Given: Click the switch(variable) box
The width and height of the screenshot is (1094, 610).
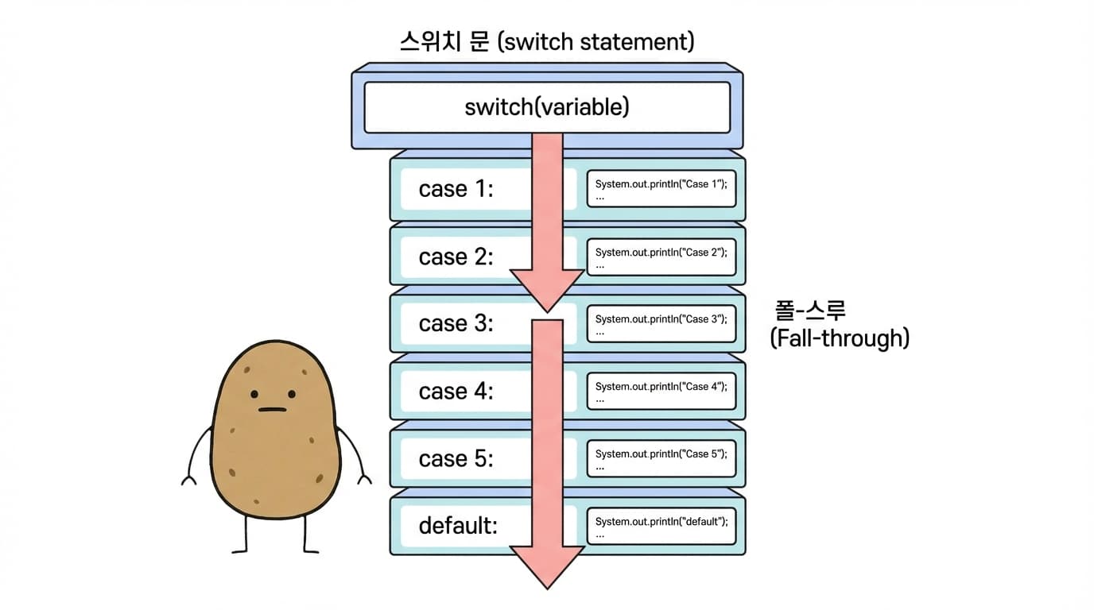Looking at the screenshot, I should click(x=546, y=107).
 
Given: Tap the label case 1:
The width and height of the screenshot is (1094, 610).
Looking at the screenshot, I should click(x=456, y=189).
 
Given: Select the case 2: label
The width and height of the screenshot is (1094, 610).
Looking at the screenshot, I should click(x=456, y=257).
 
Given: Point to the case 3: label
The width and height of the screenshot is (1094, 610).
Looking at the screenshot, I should click(x=456, y=324).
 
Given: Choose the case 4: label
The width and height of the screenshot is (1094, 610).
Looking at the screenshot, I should click(x=456, y=392).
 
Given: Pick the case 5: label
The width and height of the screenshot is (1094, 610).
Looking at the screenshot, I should click(x=456, y=459).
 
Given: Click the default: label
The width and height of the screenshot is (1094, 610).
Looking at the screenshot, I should click(x=458, y=526).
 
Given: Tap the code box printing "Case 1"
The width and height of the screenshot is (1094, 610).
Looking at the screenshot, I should click(x=661, y=189).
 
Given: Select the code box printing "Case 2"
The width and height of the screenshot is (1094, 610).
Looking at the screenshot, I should click(x=661, y=257).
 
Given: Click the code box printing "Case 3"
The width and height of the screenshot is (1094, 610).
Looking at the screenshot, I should click(x=661, y=324).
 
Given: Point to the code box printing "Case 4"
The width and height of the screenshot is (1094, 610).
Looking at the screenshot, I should click(x=661, y=392).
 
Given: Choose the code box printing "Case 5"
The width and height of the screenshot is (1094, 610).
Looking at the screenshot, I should click(x=661, y=459).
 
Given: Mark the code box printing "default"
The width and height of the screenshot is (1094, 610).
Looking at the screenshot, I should click(x=661, y=526).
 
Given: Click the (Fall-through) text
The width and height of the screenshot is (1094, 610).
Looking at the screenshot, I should click(x=839, y=338).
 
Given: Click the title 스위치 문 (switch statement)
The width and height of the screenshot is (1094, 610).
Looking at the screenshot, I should click(x=546, y=41).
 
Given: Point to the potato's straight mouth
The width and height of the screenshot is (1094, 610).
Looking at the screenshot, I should click(x=272, y=410).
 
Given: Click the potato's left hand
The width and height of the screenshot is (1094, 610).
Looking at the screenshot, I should click(x=189, y=479).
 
